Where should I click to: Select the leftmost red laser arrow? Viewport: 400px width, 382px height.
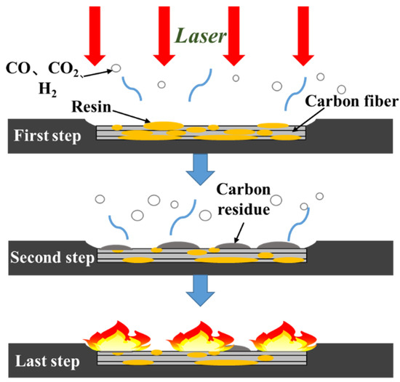point(95,33)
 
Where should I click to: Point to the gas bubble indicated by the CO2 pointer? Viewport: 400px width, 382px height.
point(116,69)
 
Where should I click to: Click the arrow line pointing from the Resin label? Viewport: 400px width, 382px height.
point(134,115)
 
